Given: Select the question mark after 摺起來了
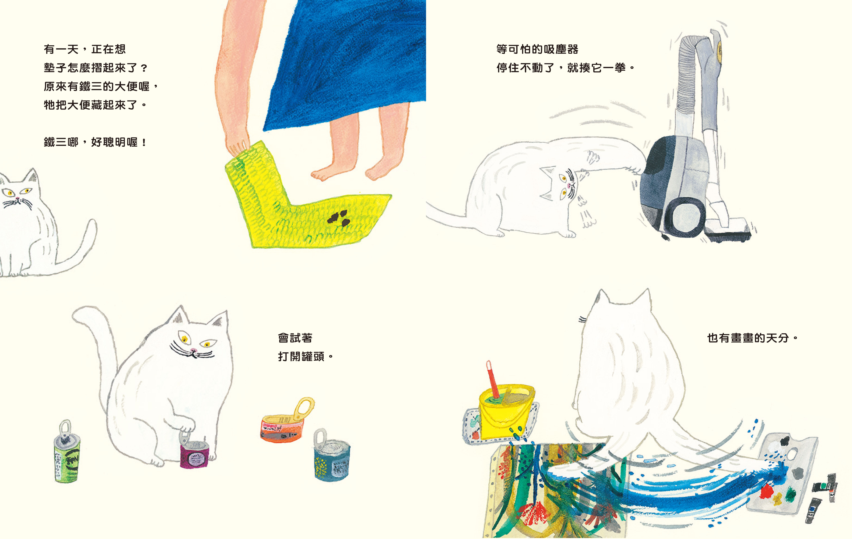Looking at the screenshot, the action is coord(144,68).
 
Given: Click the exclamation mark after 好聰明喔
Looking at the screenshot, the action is coord(144,142).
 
